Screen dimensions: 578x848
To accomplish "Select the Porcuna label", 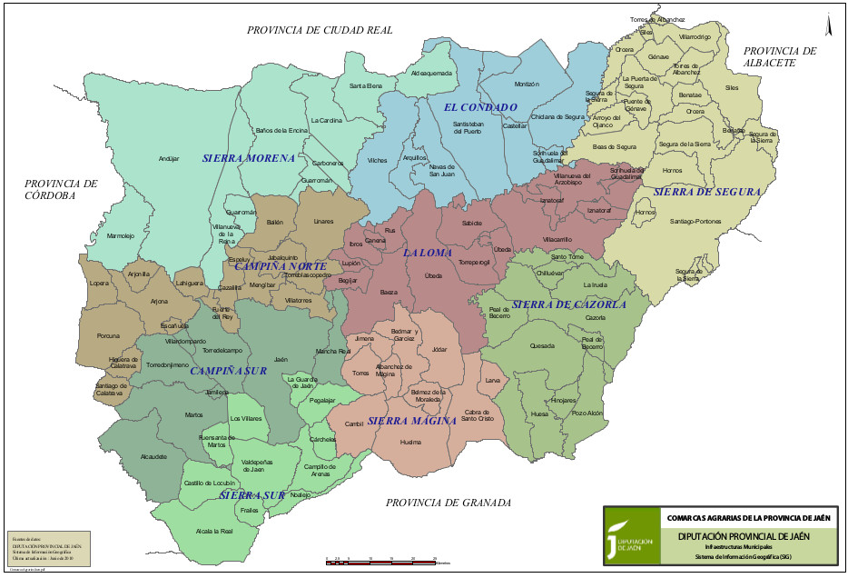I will tap(109, 335).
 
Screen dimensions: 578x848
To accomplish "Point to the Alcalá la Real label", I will tap(214, 532).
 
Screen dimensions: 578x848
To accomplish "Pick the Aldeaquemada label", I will tap(431, 73).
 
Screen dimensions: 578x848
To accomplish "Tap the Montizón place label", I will tap(527, 84).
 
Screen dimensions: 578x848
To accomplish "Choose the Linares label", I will tap(323, 221).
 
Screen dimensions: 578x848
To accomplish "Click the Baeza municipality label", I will tap(389, 292).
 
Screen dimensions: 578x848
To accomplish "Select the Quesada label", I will tap(542, 345).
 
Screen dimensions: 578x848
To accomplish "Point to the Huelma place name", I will tap(410, 442).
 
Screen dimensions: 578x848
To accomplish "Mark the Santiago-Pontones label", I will tap(696, 221).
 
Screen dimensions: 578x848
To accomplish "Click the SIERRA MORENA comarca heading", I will tap(249, 158).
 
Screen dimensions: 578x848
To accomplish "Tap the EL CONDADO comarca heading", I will tap(480, 107).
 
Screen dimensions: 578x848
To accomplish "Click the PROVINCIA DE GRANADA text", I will tap(449, 503).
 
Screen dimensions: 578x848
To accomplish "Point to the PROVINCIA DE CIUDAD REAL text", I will tap(320, 30).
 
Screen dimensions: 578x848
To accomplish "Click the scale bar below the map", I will tap(381, 561).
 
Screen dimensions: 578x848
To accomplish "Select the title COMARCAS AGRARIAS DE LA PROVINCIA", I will tap(748, 517).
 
